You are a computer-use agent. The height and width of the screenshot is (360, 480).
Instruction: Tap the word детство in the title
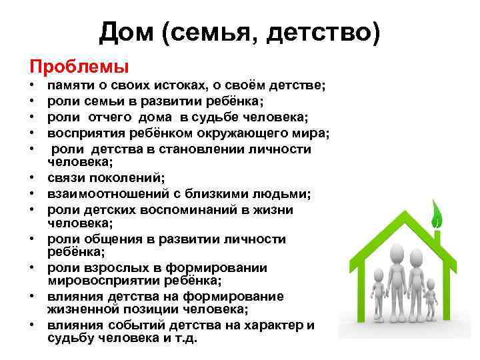326,32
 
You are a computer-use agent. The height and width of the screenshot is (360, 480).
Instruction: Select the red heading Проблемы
79,67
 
